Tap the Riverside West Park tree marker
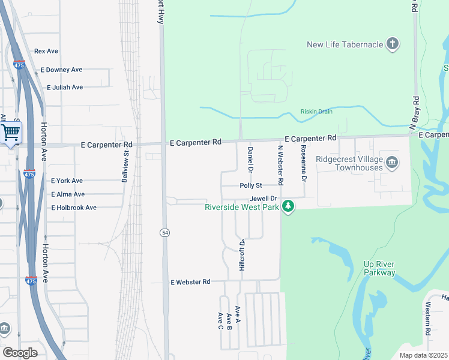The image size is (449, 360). click(289, 206)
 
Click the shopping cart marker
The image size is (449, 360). click(11, 132)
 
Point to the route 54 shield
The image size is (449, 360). click(164, 232)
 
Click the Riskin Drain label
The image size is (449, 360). click(316, 112)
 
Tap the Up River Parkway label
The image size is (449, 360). click(379, 268)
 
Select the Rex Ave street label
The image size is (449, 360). click(46, 52)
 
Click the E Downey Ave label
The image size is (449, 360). click(61, 70)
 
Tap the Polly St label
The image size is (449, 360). click(252, 186)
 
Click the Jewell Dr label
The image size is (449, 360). click(263, 198)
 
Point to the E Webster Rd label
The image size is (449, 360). click(190, 281)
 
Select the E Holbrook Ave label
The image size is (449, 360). click(74, 208)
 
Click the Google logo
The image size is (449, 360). click(19, 353)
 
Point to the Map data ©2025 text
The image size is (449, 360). click(424, 355)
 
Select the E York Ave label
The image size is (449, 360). click(67, 181)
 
